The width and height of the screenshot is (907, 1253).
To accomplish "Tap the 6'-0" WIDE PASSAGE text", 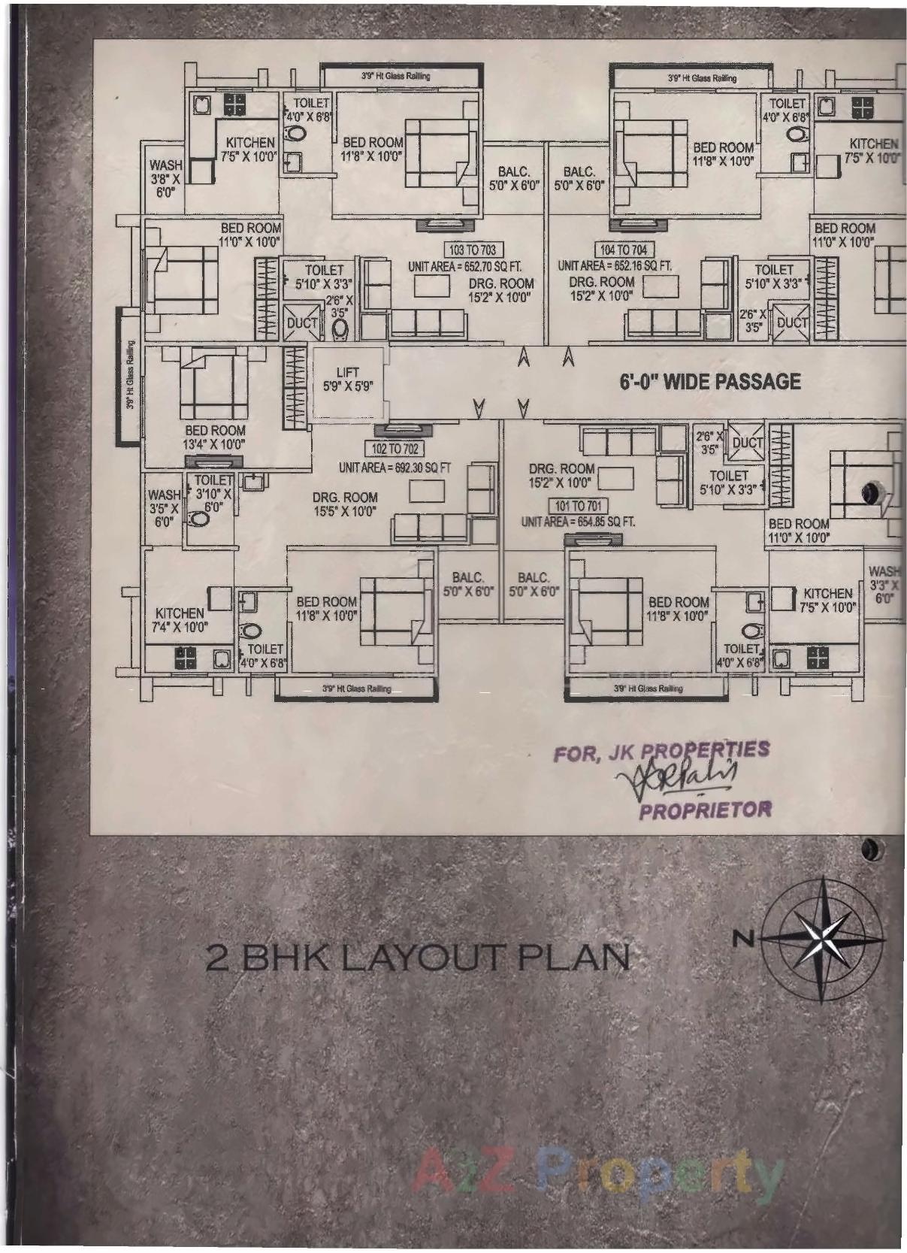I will [710, 382].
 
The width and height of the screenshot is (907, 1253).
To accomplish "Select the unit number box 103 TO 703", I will [472, 250].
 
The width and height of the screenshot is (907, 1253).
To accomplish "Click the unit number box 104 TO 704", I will [623, 250].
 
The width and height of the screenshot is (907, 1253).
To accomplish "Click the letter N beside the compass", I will [742, 937].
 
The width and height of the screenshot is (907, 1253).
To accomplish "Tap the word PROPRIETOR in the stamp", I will [704, 810].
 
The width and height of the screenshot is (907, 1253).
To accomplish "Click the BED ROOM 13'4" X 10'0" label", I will [215, 437].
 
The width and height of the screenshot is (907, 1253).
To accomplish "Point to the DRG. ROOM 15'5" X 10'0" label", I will [345, 504].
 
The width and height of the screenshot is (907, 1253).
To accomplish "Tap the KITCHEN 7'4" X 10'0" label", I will [180, 620].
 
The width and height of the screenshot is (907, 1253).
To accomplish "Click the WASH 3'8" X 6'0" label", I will [165, 178].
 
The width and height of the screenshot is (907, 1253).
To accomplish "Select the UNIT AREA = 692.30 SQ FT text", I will [395, 468].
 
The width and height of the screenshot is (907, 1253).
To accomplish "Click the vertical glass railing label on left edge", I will [129, 376].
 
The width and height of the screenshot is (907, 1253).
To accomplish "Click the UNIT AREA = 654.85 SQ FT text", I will [578, 522].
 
